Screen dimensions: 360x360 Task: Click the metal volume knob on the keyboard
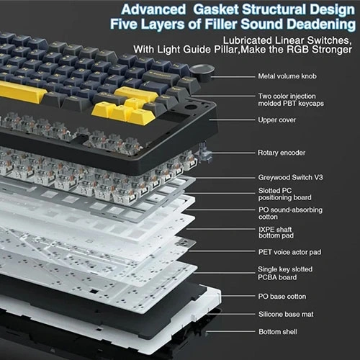[202, 70]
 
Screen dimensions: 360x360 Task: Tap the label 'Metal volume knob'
[287, 76]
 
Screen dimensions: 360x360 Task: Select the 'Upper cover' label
[277, 120]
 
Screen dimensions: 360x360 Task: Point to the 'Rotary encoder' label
[282, 153]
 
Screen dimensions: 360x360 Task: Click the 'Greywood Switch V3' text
[290, 177]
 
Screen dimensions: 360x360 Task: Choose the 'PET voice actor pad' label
[289, 252]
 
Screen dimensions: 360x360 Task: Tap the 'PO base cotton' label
[282, 297]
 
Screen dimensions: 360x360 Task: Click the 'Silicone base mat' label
[286, 314]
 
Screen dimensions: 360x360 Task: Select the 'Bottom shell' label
[278, 332]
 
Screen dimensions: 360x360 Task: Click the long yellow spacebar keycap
[22, 91]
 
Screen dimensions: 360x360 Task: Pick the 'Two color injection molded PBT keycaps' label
[291, 99]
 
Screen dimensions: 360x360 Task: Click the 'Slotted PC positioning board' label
[285, 194]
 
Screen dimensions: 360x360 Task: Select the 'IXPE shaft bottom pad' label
[276, 233]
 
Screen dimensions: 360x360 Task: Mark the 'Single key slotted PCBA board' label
[285, 273]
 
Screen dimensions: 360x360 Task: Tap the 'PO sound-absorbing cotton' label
[290, 213]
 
